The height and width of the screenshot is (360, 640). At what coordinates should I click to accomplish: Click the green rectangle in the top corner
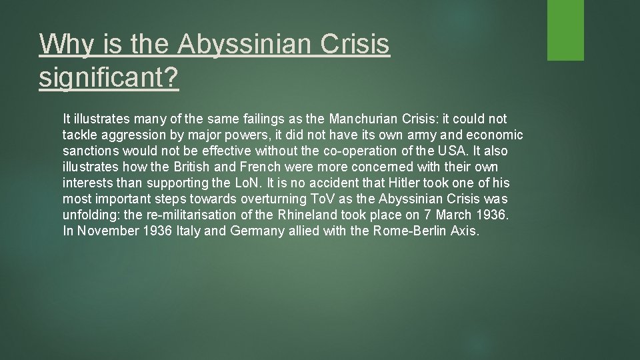565,30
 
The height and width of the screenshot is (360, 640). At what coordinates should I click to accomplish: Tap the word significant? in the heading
109,79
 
